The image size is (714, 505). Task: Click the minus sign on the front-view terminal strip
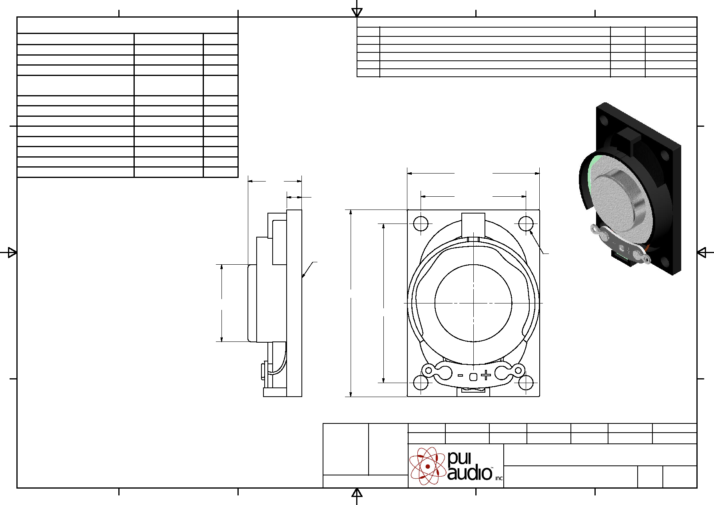(461, 375)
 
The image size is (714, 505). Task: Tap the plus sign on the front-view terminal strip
(486, 375)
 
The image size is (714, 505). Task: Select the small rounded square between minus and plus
(473, 377)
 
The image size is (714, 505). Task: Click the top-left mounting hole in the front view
(421, 224)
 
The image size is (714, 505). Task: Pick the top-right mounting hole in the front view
(526, 224)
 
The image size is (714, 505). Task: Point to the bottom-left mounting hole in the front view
(421, 383)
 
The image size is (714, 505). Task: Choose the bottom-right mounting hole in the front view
(526, 383)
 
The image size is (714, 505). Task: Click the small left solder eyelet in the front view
(429, 371)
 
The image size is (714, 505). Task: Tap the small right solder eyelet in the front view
(518, 371)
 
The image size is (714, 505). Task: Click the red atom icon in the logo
(428, 466)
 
